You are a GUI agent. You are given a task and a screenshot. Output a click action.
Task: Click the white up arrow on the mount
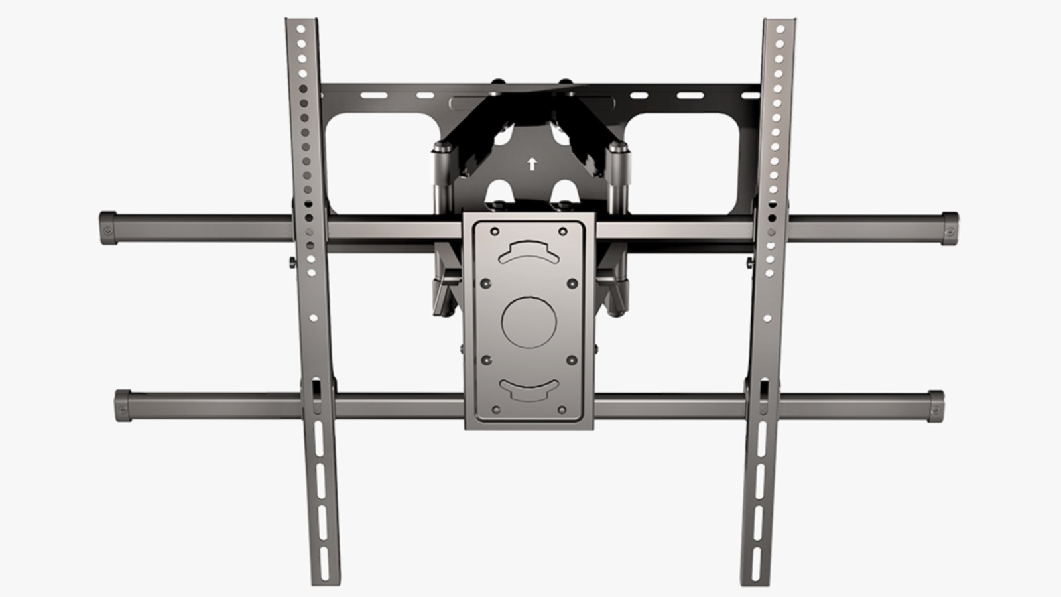(531, 164)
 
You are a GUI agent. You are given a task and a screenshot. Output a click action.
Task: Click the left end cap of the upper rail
(108, 228)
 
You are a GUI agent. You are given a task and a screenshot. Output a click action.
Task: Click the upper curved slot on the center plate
(528, 251)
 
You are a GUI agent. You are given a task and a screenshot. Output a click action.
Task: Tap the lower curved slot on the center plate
(528, 389)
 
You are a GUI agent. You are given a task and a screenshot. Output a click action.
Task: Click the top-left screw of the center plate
(493, 232)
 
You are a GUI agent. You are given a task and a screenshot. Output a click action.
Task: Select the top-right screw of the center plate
(563, 232)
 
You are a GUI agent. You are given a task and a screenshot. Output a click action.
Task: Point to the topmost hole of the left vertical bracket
(299, 29)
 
